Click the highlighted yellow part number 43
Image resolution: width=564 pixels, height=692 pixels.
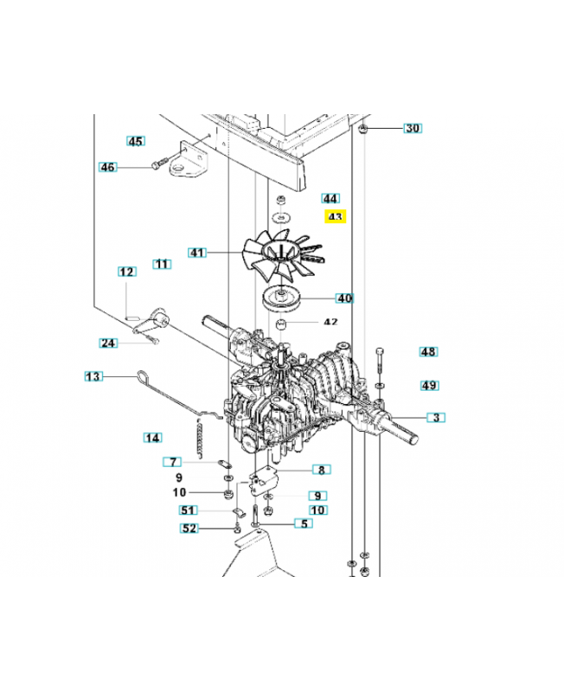[x=334, y=217]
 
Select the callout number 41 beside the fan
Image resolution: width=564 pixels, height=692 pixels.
[x=197, y=253]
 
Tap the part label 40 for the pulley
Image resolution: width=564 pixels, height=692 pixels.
[x=344, y=298]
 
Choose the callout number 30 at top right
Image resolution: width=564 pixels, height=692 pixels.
[x=413, y=128]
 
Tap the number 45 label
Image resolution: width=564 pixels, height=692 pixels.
[x=135, y=141]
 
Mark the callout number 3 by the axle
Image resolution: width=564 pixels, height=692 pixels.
[x=437, y=418]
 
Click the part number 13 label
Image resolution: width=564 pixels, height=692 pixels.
[x=93, y=376]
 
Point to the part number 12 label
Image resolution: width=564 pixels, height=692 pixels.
[x=127, y=272]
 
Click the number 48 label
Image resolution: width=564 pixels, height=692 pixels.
[x=428, y=352]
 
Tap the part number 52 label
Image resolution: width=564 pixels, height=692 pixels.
[x=189, y=528]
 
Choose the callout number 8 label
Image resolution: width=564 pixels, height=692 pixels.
[x=321, y=471]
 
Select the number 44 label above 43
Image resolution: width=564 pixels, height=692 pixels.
[x=330, y=198]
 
